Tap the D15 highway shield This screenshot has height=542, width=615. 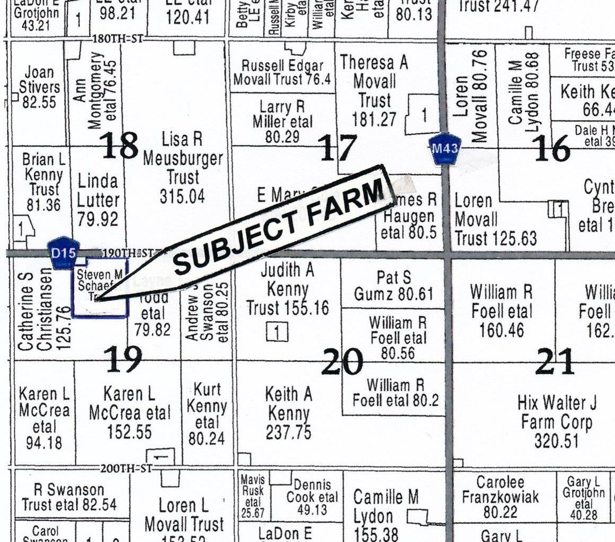(x=63, y=252)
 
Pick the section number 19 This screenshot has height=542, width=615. (x=123, y=359)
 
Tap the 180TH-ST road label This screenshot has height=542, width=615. (x=117, y=39)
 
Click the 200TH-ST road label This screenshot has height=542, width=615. (x=126, y=468)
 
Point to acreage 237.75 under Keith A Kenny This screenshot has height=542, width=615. (x=288, y=432)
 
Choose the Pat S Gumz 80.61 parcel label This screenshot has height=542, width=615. (x=393, y=286)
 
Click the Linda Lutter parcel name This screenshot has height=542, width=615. (x=98, y=190)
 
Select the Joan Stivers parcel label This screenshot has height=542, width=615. (x=39, y=80)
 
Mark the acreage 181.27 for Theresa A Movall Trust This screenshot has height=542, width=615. (x=374, y=119)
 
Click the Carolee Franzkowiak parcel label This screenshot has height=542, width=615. (x=500, y=490)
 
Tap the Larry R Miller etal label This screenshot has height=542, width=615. (x=283, y=114)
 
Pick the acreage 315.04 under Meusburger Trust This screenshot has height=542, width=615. (x=183, y=196)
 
